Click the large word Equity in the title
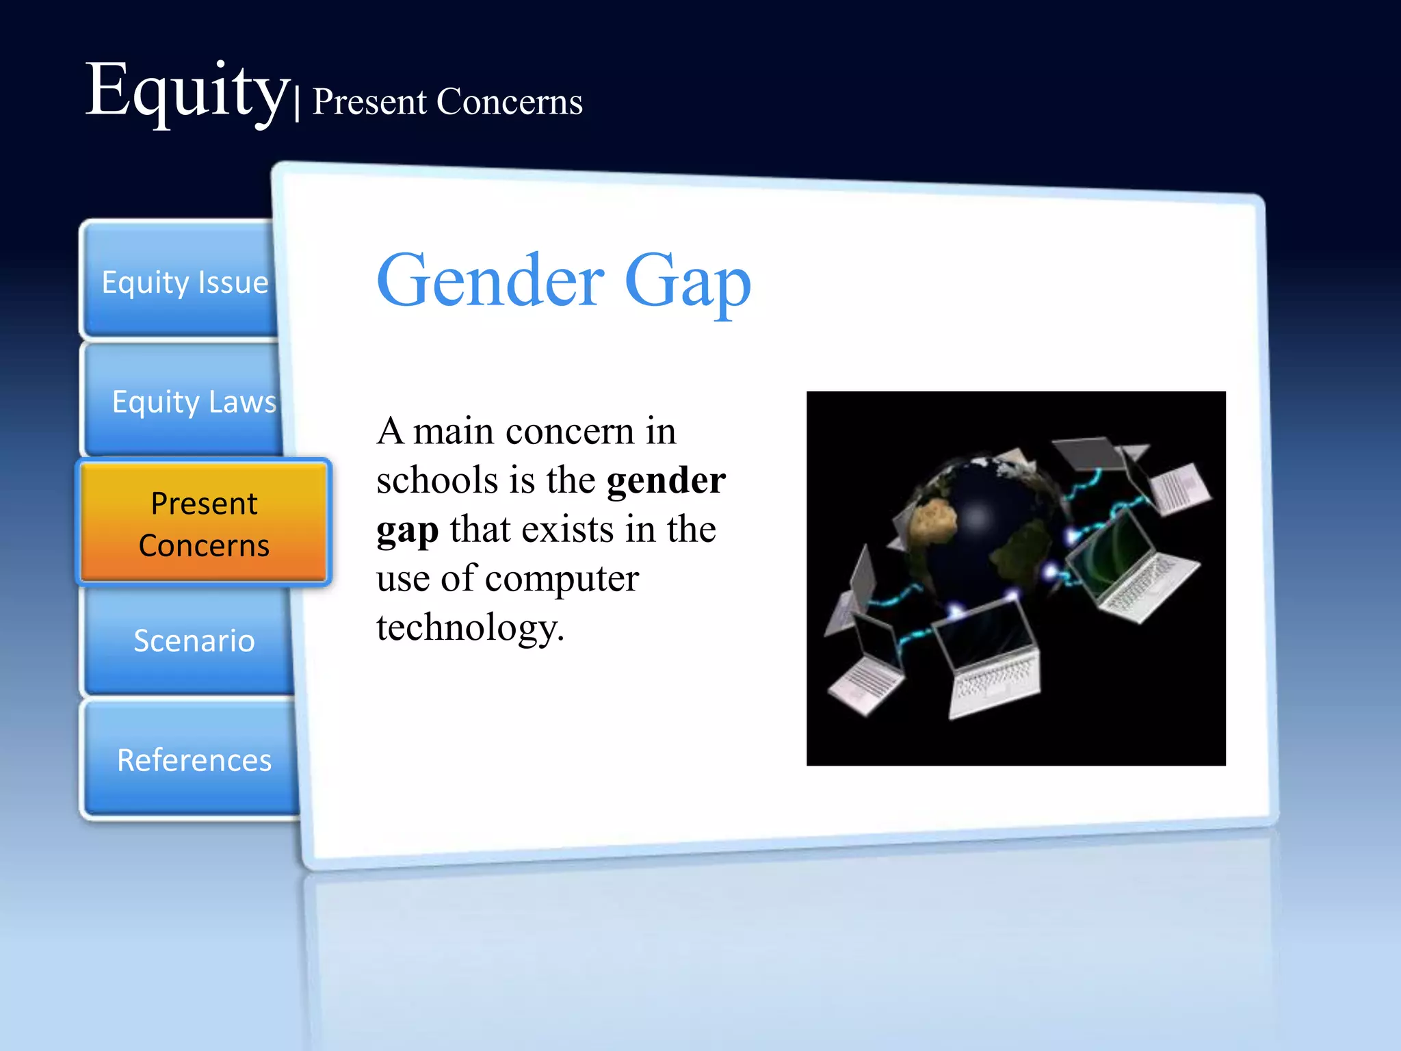tap(186, 92)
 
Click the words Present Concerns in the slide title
tap(447, 102)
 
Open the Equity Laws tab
tap(194, 402)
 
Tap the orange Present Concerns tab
tap(204, 524)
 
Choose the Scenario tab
tap(194, 641)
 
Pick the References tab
tap(194, 760)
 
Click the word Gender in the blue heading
tap(490, 281)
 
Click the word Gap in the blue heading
tap(687, 281)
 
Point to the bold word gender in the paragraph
tap(666, 480)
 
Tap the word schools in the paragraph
tap(437, 480)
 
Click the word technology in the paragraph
tap(469, 628)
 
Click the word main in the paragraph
tap(453, 431)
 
